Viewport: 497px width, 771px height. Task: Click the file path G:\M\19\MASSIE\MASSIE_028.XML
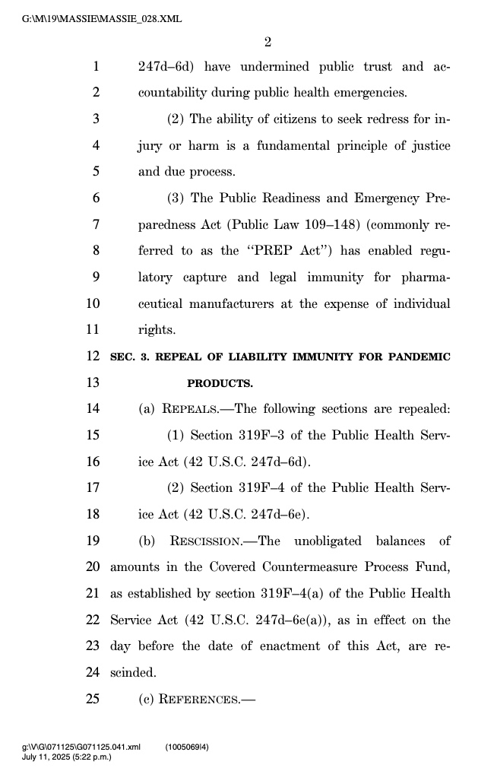pyautogui.click(x=103, y=19)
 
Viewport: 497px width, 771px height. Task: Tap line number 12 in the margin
pyautogui.click(x=93, y=356)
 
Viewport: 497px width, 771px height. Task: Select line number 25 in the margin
pyautogui.click(x=93, y=699)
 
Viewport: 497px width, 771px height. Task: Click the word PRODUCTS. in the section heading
pyautogui.click(x=220, y=382)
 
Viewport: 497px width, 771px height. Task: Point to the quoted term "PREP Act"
pyautogui.click(x=289, y=251)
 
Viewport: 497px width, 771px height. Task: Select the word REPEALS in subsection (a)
pyautogui.click(x=189, y=409)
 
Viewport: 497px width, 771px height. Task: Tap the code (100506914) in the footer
pyautogui.click(x=188, y=747)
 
